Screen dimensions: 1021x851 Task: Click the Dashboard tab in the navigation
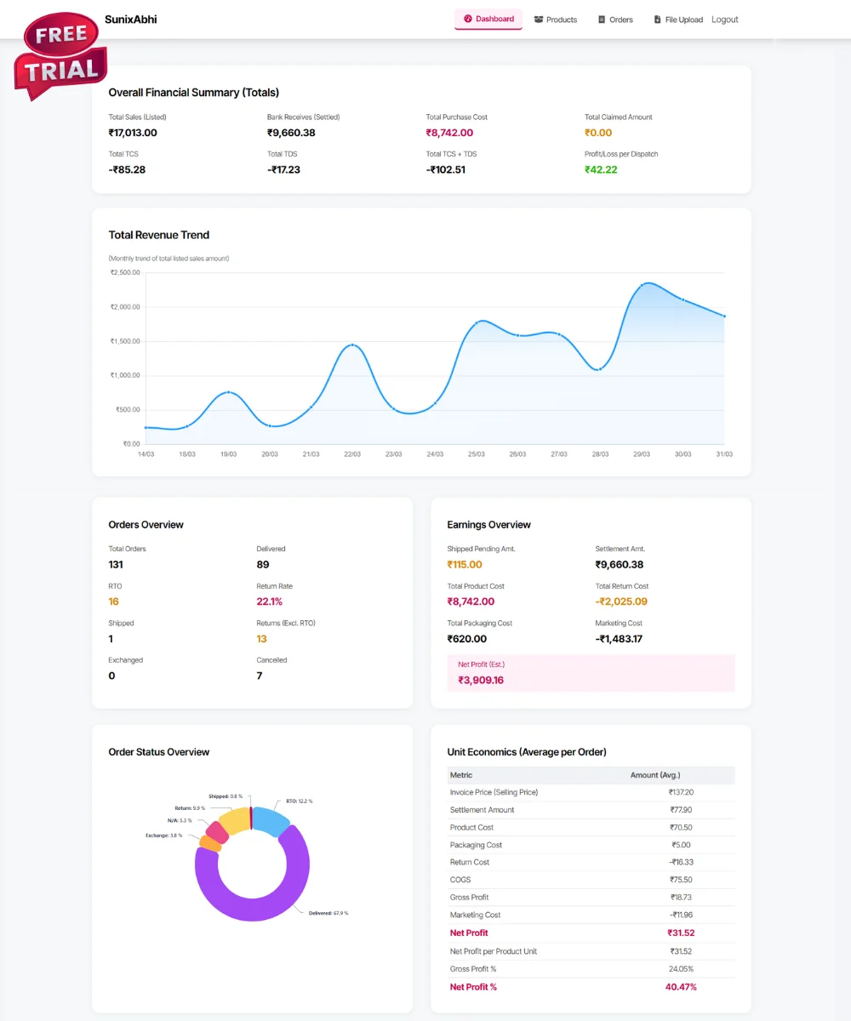point(488,19)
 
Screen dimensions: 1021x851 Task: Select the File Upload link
point(678,20)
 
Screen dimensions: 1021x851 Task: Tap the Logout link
point(725,20)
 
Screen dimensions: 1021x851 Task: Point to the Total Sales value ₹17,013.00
point(133,133)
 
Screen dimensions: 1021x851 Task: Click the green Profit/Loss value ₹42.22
point(601,169)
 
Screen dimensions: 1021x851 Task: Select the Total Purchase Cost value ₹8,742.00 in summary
point(449,133)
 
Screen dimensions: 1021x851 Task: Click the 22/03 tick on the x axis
point(352,454)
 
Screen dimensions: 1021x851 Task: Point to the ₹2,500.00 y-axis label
point(125,272)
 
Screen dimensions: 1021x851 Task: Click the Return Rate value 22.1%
point(269,602)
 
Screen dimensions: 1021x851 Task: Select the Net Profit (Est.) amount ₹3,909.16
point(481,680)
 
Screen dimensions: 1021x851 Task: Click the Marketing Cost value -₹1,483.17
point(619,639)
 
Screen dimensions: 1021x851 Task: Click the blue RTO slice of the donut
point(272,820)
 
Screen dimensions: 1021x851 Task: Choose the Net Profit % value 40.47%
point(681,987)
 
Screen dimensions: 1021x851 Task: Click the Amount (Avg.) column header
point(654,775)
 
